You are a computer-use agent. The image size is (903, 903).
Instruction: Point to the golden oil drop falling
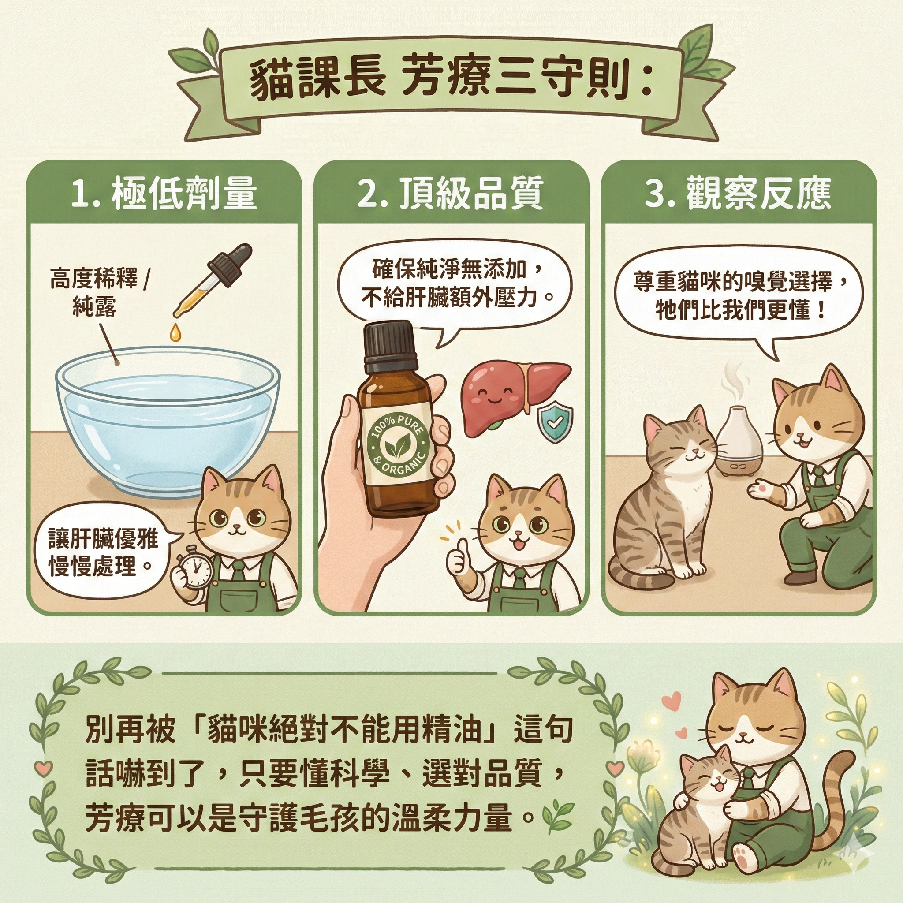(x=175, y=331)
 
